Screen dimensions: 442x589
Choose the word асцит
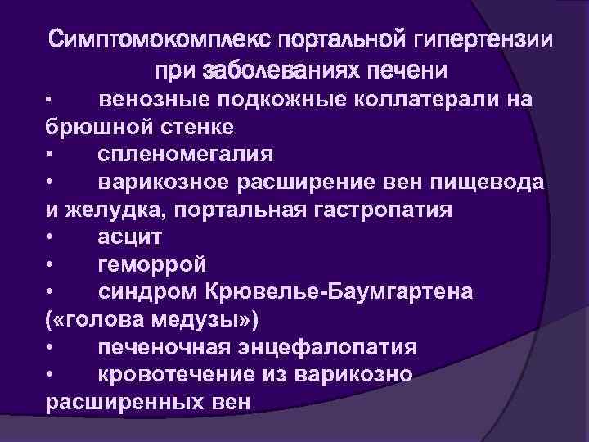[129, 238]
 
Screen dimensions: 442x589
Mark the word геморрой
[152, 266]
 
